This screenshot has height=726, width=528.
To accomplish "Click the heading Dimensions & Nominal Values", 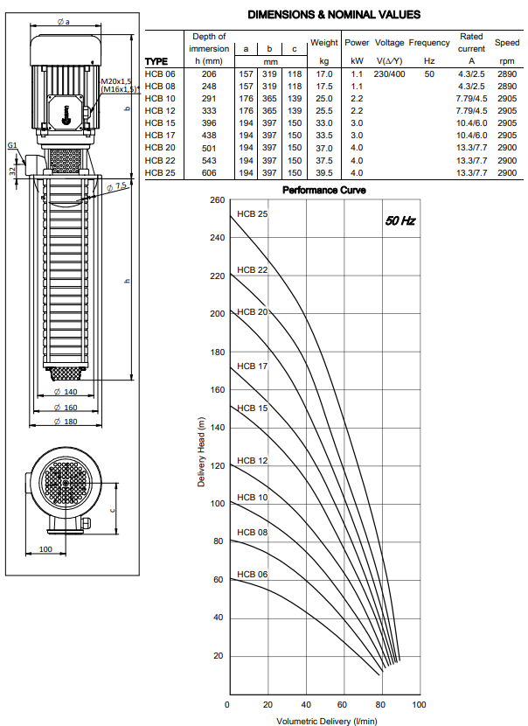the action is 334,15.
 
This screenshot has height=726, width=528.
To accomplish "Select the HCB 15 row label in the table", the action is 160,123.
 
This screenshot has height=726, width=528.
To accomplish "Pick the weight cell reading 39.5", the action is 324,172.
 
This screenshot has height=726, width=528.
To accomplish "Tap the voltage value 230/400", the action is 389,74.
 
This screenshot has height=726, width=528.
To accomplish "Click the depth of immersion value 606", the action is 209,172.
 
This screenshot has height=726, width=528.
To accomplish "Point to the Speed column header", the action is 507,43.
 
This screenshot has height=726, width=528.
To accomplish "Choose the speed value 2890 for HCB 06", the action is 507,74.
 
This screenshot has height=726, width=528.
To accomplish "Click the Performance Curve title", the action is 324,191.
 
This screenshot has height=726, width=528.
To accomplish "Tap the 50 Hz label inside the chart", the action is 399,220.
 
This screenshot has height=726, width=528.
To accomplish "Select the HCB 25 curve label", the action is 253,214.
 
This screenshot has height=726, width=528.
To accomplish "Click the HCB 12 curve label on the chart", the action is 253,461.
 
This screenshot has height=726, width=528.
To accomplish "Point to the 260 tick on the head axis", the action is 218,200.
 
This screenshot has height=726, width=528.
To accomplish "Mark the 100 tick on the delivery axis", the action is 419,705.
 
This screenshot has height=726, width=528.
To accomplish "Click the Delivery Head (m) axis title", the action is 201,452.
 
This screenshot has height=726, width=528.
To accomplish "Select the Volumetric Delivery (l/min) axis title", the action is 327,721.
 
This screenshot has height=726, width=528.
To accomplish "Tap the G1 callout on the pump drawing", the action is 12,145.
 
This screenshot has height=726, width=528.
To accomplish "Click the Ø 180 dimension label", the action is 66,422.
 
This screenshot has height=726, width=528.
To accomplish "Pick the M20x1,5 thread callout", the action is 116,81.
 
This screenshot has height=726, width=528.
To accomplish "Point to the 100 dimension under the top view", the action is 45,549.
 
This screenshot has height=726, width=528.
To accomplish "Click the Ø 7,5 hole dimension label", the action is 116,186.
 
